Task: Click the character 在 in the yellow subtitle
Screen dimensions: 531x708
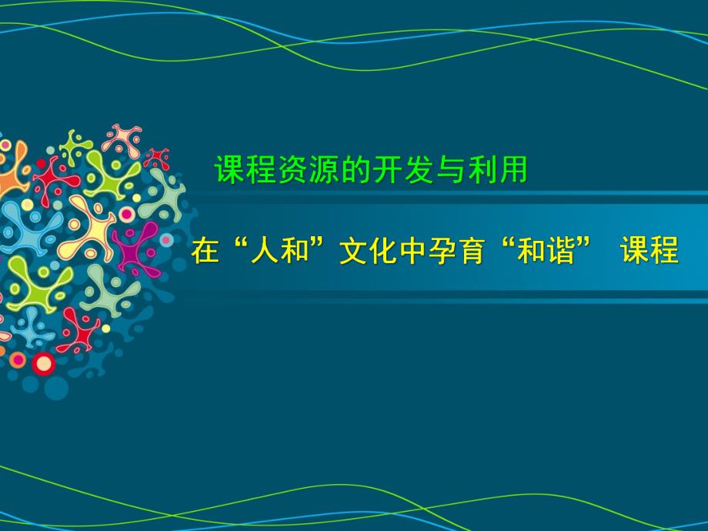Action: tap(205, 252)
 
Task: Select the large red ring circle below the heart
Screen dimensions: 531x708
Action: tap(44, 362)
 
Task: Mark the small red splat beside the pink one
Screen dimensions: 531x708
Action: tap(158, 159)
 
